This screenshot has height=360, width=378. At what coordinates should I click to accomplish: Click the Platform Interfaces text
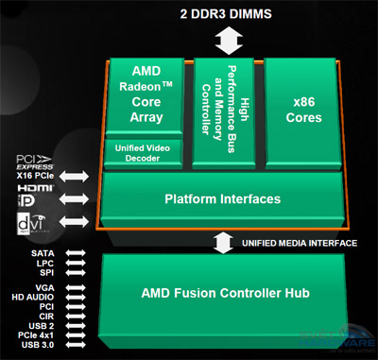click(223, 199)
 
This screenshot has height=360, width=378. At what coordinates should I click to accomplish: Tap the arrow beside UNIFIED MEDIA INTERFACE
click(223, 243)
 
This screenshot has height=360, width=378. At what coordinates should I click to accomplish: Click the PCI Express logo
click(27, 163)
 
